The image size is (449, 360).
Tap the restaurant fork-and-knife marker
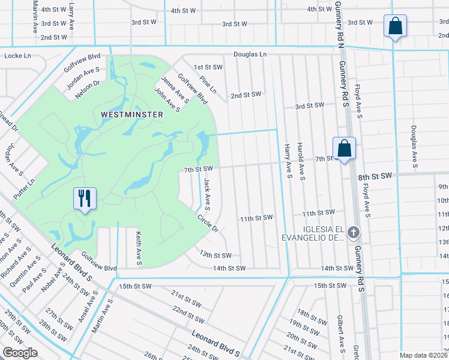click(83, 198)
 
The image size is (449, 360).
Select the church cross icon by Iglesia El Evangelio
click(354, 232)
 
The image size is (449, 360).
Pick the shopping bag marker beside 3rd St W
click(396, 26)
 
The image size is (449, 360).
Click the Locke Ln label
click(17, 56)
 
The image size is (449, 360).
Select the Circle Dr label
click(207, 223)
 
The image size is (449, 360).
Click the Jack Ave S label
click(206, 194)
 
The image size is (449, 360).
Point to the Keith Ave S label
click(138, 248)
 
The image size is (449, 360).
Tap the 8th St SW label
click(375, 176)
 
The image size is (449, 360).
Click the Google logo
click(20, 353)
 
